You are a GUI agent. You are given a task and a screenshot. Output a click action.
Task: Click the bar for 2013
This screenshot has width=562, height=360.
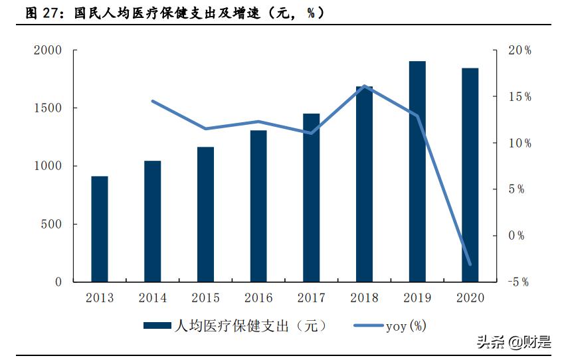coord(99,228)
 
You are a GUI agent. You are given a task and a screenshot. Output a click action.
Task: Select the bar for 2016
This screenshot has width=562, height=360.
coord(258,206)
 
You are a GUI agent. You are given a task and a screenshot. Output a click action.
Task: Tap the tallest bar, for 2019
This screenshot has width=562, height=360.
coord(417,171)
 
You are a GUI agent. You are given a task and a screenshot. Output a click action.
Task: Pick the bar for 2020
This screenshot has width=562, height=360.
coord(470,175)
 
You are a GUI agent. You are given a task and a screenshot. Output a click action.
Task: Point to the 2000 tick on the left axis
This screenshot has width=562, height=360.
coord(48,50)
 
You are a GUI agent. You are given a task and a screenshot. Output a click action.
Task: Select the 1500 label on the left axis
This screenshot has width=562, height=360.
coord(48,108)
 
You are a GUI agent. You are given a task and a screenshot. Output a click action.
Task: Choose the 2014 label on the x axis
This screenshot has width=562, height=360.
coord(152,298)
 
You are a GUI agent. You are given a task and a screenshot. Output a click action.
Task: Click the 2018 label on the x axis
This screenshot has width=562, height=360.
coord(364,298)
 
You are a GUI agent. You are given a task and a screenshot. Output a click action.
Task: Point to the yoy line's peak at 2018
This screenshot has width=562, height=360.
coord(364,86)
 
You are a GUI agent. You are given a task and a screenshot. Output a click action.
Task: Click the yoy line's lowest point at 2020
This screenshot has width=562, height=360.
coord(470,264)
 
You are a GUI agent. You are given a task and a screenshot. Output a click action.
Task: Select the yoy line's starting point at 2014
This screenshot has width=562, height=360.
coord(152,101)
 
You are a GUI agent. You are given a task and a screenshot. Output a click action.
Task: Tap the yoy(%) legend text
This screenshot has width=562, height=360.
coord(406,325)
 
